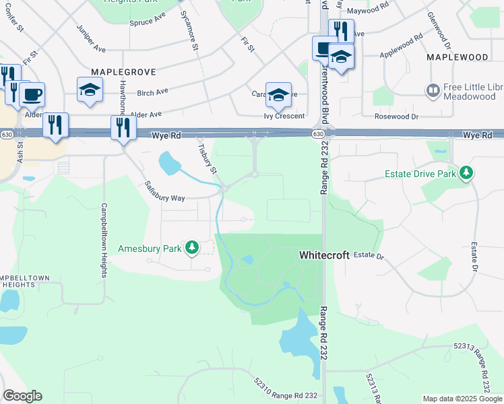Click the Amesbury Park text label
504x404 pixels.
click(150, 248)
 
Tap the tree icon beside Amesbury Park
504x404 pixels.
click(192, 248)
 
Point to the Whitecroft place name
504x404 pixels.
click(324, 255)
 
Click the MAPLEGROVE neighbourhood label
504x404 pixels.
click(125, 71)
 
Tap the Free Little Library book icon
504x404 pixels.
click(433, 90)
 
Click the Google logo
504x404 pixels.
click(22, 396)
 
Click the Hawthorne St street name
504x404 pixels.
click(123, 98)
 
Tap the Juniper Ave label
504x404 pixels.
click(92, 40)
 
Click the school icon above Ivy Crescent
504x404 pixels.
click(278, 94)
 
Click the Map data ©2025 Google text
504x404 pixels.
click(462, 399)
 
